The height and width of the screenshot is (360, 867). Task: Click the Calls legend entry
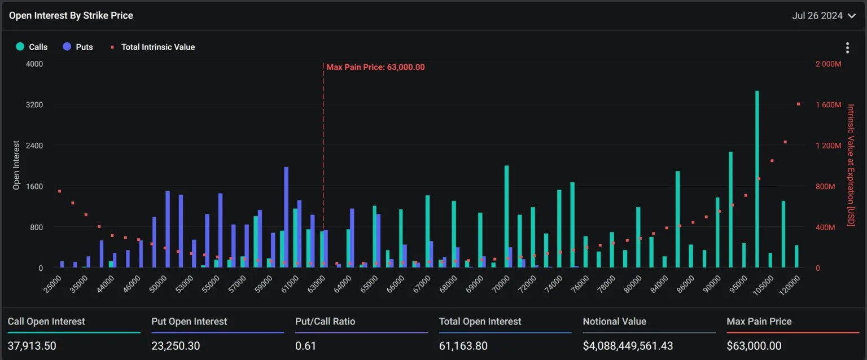point(32,47)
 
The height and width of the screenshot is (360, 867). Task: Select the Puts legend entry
point(78,47)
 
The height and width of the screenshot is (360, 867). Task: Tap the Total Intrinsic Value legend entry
point(152,47)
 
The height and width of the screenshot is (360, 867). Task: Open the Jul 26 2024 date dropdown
point(824,16)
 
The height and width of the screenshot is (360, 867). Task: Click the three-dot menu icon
point(847,47)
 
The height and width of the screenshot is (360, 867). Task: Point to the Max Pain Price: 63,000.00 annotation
point(375,67)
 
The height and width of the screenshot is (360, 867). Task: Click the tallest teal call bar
point(757,179)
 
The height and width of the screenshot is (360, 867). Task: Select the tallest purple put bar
point(286,217)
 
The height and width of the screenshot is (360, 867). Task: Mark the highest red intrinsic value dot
point(798,104)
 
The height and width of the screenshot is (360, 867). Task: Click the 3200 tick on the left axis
point(33,105)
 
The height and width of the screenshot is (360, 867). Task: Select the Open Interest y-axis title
point(16,165)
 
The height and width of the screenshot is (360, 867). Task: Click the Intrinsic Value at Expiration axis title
point(851,165)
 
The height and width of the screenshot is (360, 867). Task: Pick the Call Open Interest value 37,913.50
point(32,345)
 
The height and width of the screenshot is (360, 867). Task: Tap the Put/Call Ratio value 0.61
point(306,345)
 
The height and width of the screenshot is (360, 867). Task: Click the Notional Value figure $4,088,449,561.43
point(628,345)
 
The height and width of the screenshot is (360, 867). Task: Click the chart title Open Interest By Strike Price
point(71,16)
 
